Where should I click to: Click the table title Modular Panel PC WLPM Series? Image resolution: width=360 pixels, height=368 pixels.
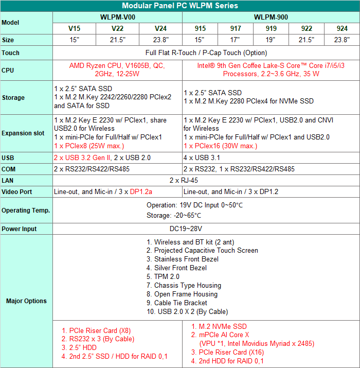pyautogui.click(x=180, y=6)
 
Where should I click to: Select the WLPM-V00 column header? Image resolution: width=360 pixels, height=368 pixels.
pyautogui.click(x=117, y=17)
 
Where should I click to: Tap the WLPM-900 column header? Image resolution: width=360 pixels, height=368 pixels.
pyautogui.click(x=271, y=17)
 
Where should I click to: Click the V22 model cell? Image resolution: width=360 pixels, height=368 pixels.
pyautogui.click(x=117, y=28)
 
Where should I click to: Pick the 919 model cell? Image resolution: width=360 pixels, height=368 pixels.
pyautogui.click(x=271, y=28)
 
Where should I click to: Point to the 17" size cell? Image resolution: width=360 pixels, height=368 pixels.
pyautogui.click(x=236, y=40)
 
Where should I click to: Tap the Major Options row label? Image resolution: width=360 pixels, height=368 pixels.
pyautogui.click(x=26, y=301)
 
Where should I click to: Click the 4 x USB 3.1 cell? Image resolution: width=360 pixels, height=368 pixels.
pyautogui.click(x=203, y=157)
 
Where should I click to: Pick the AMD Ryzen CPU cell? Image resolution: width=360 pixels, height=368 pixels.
pyautogui.click(x=117, y=69)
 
